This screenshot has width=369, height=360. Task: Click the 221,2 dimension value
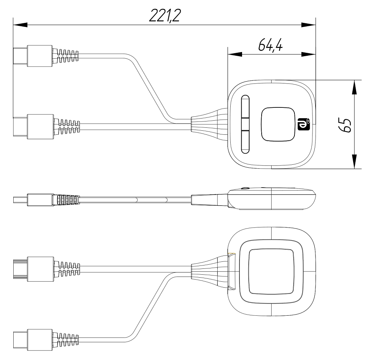coord(165,16)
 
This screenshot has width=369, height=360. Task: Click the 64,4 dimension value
coord(270,45)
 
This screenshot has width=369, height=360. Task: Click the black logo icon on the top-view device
coord(304,124)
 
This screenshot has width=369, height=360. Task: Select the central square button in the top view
coord(278,124)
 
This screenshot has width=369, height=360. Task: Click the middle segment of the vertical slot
coord(245,124)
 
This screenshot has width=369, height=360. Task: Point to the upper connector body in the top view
coord(39,56)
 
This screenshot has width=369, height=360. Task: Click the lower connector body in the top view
coord(40,127)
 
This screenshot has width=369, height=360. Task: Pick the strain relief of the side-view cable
coord(66,200)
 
